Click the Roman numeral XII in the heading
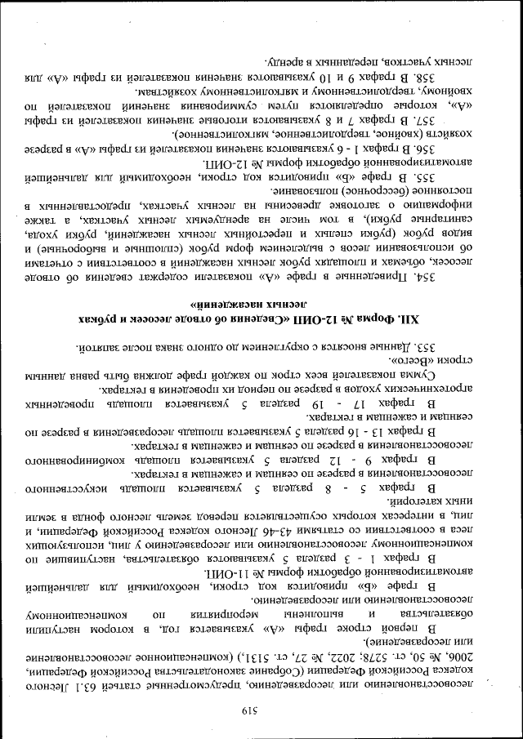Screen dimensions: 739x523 [x=425, y=317]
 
